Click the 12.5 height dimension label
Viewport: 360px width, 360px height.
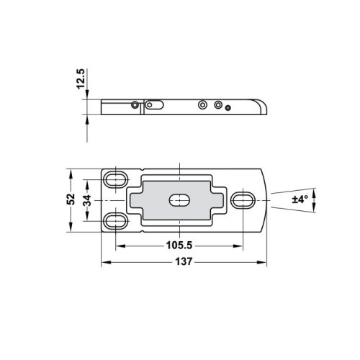pos(81,78)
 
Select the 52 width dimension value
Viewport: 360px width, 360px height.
pos(70,199)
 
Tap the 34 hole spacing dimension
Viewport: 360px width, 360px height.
pos(87,199)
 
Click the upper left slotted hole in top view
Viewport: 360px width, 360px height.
pos(114,178)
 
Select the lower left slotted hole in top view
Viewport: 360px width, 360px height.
pos(114,220)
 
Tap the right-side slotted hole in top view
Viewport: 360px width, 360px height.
pos(243,199)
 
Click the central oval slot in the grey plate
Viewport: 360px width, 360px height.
pos(177,199)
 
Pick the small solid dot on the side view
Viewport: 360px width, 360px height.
pos(228,108)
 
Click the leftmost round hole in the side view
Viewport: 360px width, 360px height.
pos(135,104)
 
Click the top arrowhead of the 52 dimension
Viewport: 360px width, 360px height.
pos(70,173)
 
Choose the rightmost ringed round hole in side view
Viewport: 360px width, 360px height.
pos(218,104)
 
